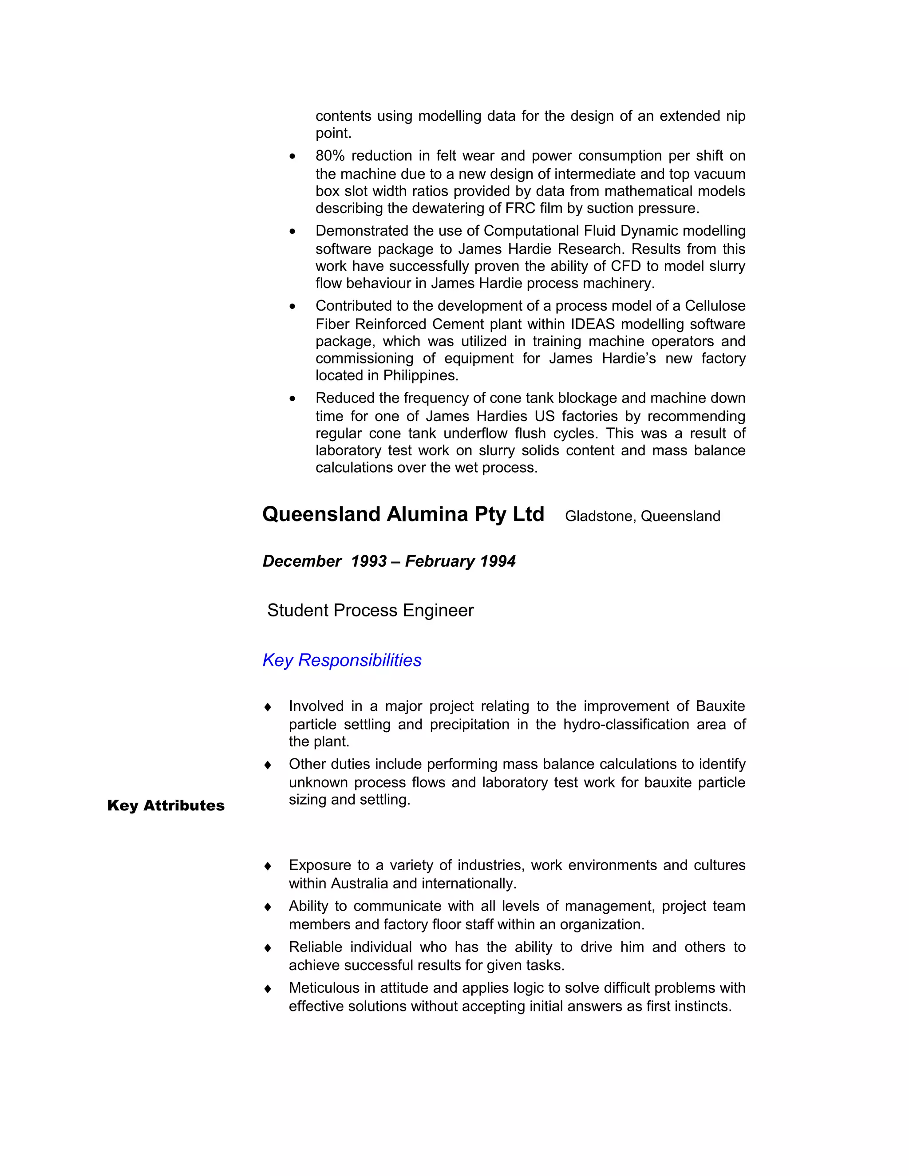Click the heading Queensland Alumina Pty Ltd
pos(403,515)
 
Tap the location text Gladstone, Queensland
pos(642,517)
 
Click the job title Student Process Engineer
pos(371,611)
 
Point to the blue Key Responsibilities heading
pos(342,661)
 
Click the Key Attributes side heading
pos(166,805)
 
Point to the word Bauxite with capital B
pos(720,706)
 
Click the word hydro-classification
pos(626,725)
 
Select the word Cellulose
pos(715,306)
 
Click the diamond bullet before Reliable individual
pos(268,948)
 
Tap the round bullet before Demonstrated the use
pos(292,232)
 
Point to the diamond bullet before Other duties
pos(268,765)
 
